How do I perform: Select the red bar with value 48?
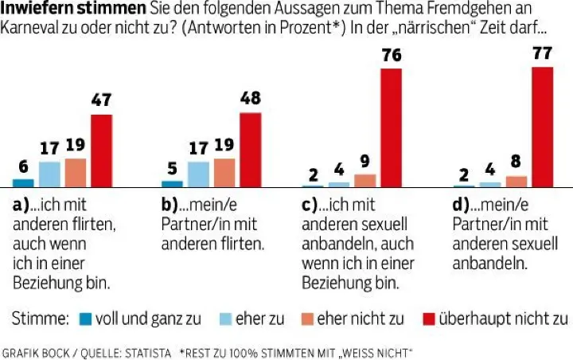pos(250,149)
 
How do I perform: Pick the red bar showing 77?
pos(542,127)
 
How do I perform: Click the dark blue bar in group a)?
pos(23,182)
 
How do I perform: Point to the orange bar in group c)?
pos(364,180)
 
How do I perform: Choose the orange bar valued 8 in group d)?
pos(516,181)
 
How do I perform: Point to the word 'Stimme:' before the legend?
pos(40,319)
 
